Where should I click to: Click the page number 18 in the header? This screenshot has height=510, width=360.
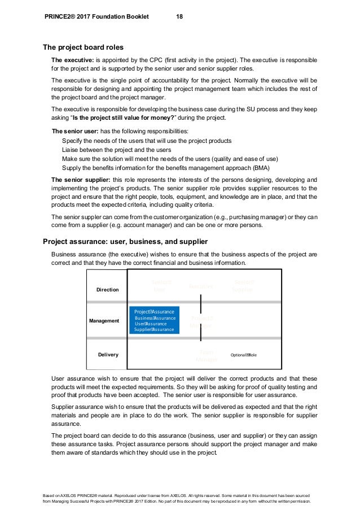tap(179, 17)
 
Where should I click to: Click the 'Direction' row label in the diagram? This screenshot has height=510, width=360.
tap(108, 290)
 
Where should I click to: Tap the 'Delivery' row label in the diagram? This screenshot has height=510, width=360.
tap(108, 355)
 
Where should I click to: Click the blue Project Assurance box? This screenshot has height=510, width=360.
tap(154, 320)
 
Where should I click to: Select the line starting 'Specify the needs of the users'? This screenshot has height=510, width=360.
tap(141, 140)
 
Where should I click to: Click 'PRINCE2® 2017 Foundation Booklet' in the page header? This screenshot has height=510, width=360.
tap(96, 17)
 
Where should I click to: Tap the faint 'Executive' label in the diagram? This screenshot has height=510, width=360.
tap(201, 287)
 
